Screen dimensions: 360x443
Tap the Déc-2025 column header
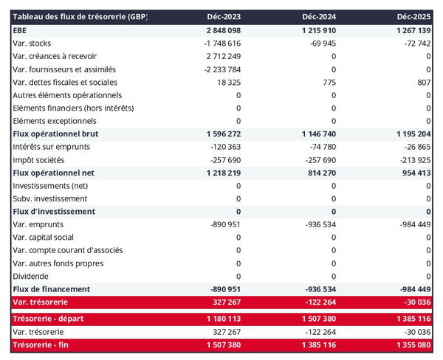pos(415,16)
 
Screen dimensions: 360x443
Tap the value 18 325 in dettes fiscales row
pos(226,82)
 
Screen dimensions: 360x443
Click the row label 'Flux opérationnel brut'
pos(55,134)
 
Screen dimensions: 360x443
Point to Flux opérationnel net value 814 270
pos(318,173)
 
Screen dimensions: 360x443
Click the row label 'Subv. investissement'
pos(50,198)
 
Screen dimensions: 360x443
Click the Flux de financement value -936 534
pos(318,288)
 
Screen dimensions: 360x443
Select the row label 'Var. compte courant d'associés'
pos(68,250)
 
